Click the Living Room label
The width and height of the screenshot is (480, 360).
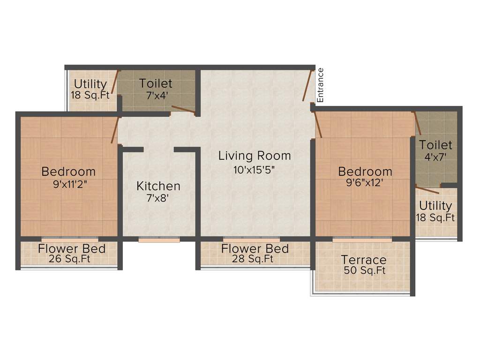(x=255, y=156)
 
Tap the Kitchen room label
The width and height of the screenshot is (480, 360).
(x=158, y=186)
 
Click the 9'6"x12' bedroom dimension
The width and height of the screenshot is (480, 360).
(x=365, y=184)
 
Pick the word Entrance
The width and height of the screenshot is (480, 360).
(x=321, y=85)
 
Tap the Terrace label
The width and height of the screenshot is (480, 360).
(x=364, y=260)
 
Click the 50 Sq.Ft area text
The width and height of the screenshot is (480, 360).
(x=364, y=270)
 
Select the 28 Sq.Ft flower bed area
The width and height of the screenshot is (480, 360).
(x=255, y=259)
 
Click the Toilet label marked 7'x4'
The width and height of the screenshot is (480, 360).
(x=156, y=84)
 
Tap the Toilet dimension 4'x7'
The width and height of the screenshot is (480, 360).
(x=435, y=157)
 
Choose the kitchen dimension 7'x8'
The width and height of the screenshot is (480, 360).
(x=157, y=198)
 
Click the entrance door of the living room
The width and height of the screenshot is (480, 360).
(x=307, y=85)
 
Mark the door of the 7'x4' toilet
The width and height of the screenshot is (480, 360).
(x=183, y=110)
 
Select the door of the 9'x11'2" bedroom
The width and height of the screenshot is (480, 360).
(x=114, y=130)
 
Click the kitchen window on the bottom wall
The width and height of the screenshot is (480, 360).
(x=159, y=240)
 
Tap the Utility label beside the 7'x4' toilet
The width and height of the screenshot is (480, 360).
(x=90, y=84)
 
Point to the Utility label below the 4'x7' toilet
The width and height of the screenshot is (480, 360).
(x=435, y=206)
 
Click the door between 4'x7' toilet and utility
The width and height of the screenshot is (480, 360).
(x=427, y=190)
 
